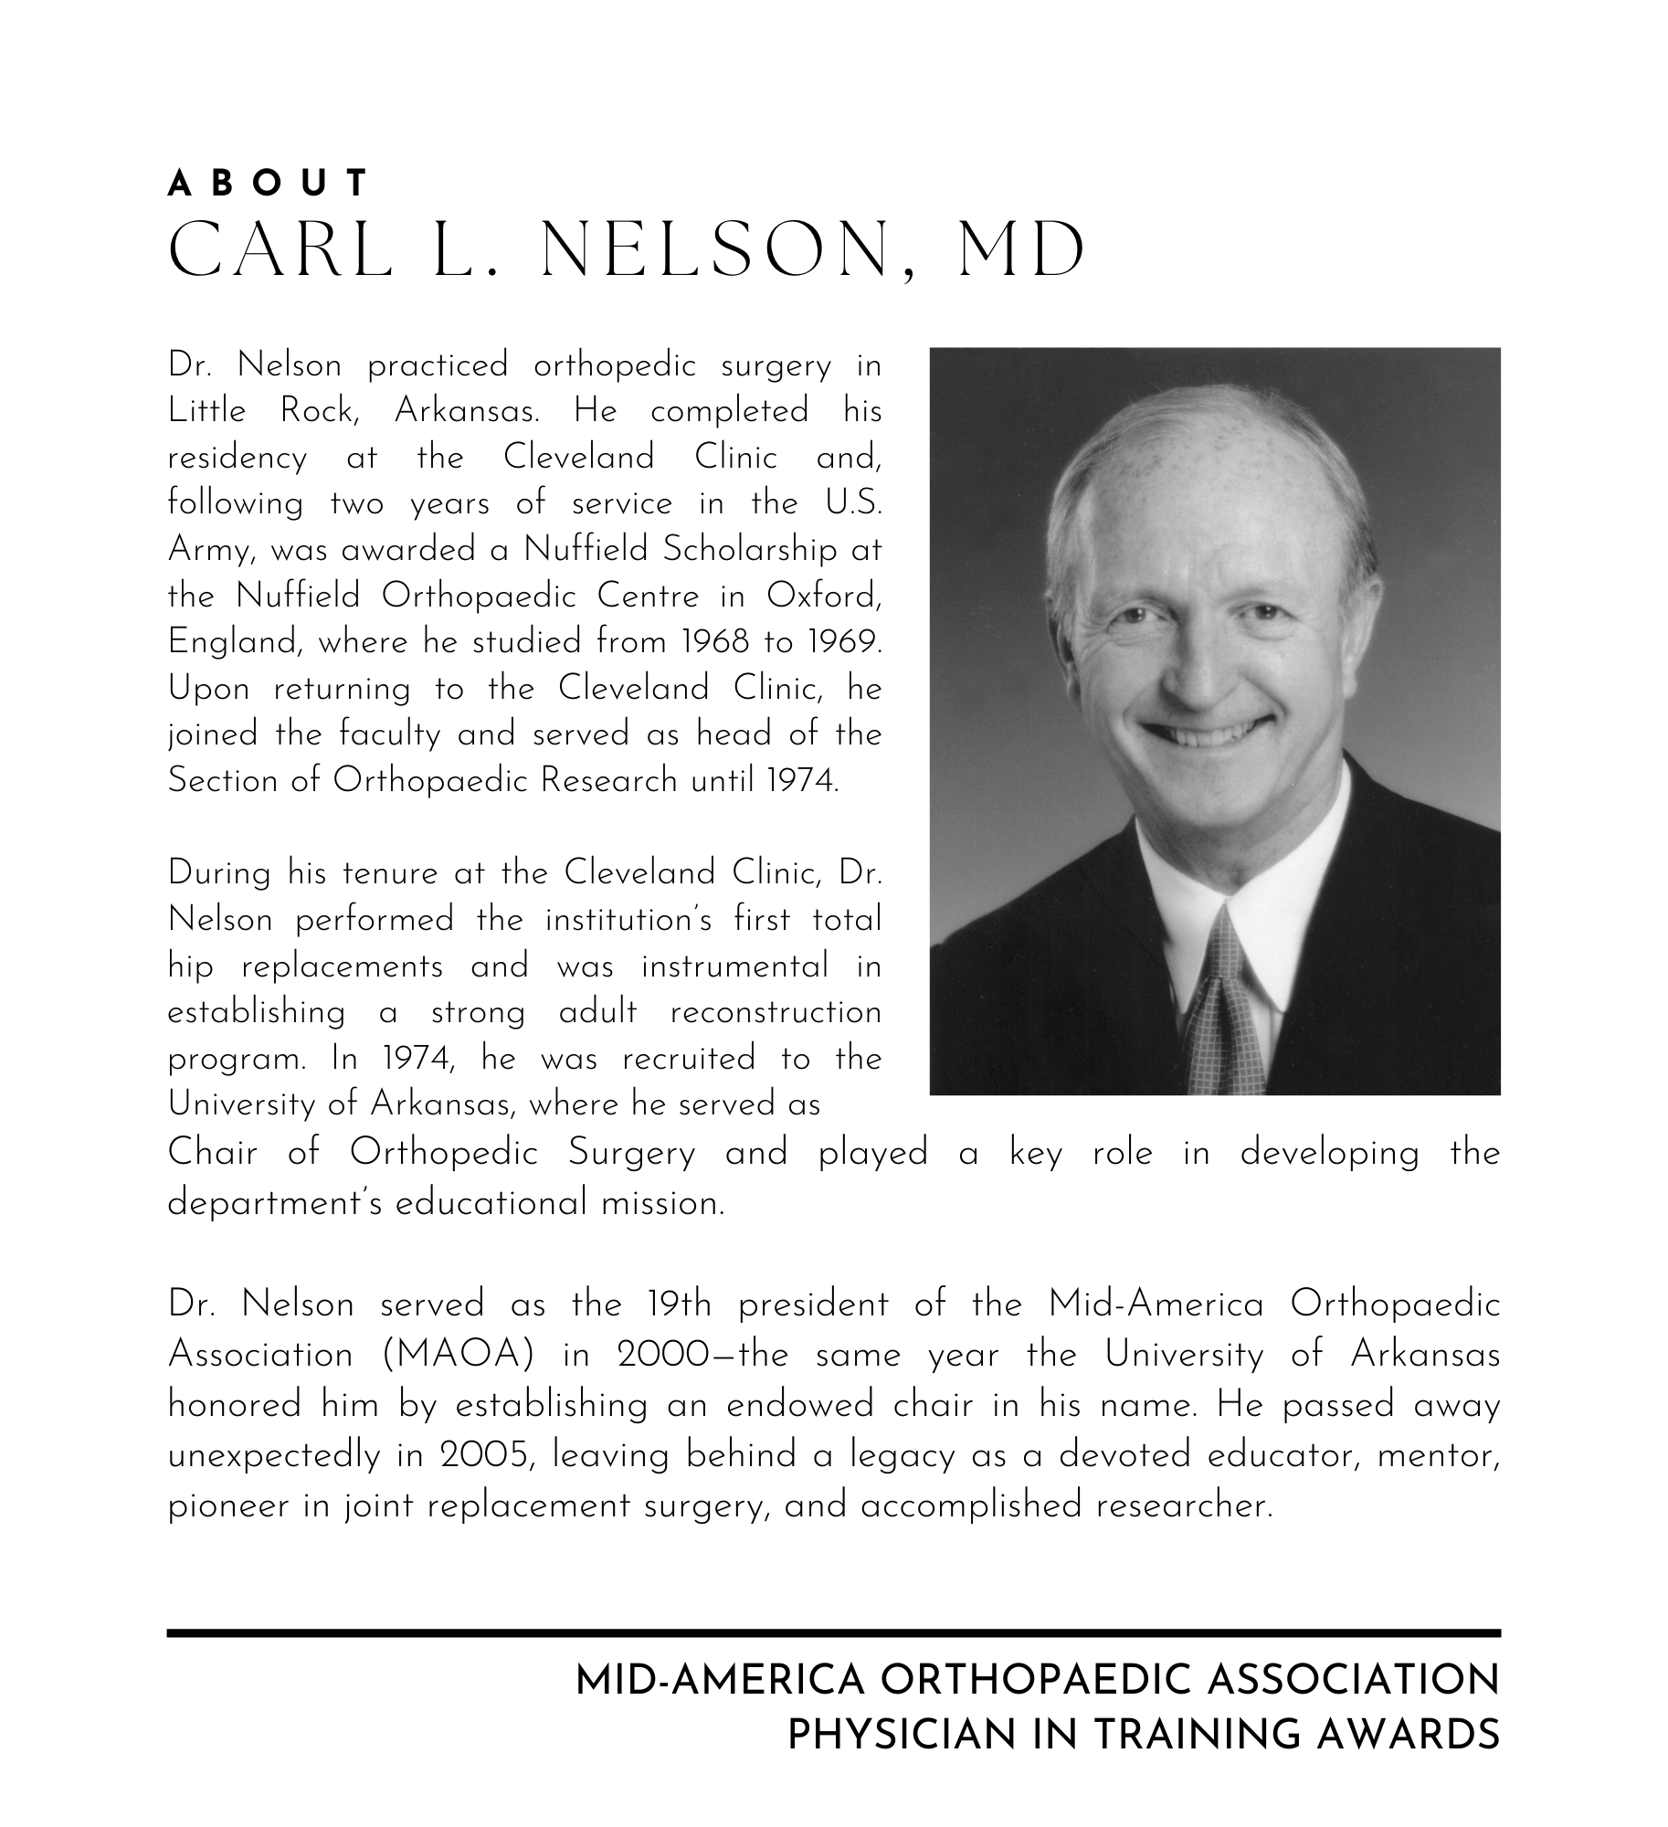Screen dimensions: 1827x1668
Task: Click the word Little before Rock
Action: pyautogui.click(x=207, y=411)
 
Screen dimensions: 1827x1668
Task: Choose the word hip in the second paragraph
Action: pyautogui.click(x=191, y=966)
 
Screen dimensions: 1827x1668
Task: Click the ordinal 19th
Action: pyautogui.click(x=678, y=1304)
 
